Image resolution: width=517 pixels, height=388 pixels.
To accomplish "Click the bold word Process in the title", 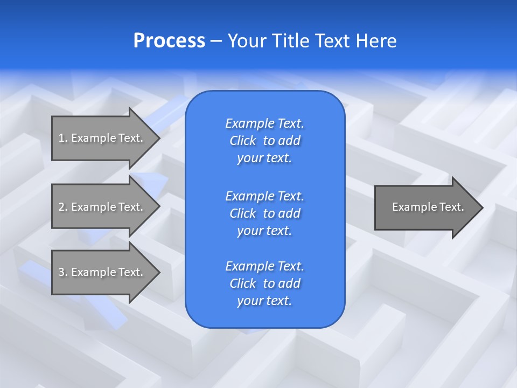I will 169,41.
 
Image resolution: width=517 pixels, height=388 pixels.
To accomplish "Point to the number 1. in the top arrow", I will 63,138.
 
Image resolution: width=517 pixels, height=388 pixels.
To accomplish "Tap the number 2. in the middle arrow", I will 63,207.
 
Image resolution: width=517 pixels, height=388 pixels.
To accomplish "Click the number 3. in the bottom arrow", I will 63,272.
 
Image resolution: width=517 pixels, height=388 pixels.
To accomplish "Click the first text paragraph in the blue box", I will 264,141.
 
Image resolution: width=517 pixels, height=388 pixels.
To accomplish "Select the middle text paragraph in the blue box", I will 264,213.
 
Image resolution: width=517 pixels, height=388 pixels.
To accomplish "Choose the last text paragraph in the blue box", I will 264,283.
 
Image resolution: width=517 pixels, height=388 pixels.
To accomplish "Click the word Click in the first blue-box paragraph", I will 243,141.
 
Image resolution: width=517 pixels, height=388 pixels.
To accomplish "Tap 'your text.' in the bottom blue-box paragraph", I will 264,301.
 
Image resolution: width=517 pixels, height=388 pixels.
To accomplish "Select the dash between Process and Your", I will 216,41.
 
